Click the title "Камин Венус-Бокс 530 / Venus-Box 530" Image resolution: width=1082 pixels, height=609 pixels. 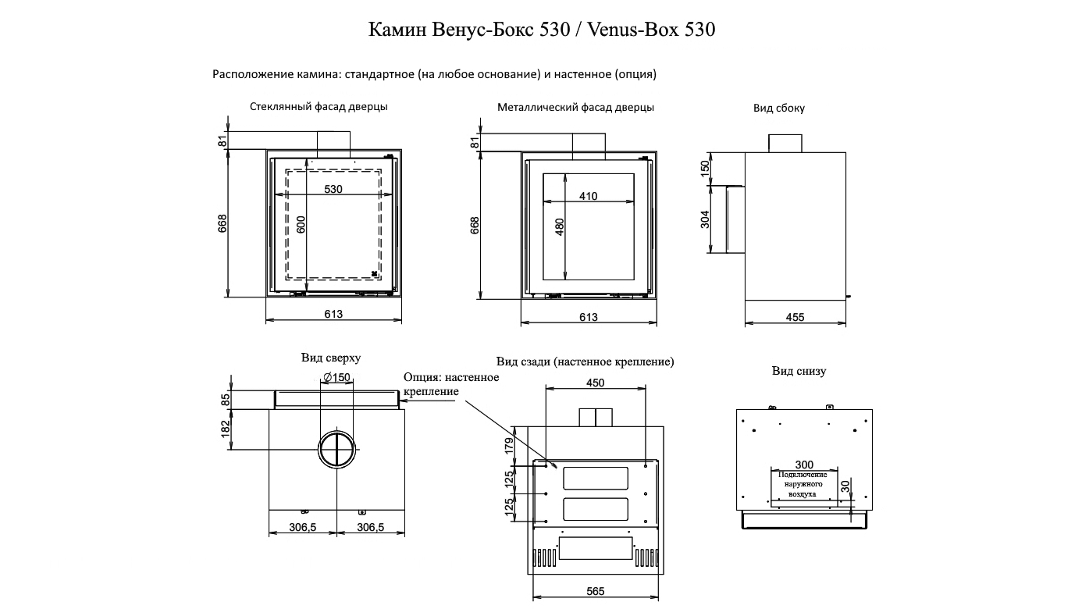542,30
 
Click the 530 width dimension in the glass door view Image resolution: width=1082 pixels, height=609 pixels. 333,189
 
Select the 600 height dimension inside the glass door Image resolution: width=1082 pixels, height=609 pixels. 301,225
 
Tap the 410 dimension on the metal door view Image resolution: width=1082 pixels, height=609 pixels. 589,196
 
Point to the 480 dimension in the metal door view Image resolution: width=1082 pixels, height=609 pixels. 560,227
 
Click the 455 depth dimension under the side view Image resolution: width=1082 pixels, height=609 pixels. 795,317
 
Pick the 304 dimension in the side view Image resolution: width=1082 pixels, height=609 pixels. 705,219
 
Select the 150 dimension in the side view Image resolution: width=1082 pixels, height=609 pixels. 705,167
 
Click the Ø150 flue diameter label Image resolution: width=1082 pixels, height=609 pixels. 336,377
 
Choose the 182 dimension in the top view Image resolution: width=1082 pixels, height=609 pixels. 225,429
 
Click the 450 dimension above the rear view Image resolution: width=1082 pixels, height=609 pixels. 595,383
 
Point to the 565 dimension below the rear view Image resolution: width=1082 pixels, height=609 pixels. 595,591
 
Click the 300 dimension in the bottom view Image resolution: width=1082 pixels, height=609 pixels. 804,465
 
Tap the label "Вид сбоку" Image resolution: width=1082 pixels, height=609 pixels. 778,109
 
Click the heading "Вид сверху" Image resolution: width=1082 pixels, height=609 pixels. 331,358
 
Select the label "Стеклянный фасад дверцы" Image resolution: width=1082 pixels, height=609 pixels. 319,107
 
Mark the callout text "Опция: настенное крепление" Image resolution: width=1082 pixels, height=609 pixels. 451,384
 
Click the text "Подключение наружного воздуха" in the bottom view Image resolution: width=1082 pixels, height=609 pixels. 803,484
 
